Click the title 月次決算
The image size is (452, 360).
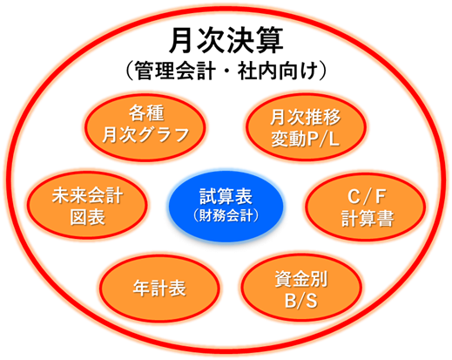click(x=226, y=40)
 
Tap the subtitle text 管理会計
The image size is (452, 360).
click(x=175, y=71)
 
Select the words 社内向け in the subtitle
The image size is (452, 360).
click(x=277, y=71)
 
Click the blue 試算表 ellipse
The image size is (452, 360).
click(x=226, y=206)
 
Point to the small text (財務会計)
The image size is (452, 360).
click(x=226, y=215)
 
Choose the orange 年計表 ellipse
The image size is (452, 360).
click(x=159, y=289)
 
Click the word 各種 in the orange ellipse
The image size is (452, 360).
click(x=146, y=113)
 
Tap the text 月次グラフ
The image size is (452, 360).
click(x=146, y=135)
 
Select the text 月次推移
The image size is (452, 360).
click(x=306, y=117)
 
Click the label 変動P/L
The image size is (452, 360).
click(x=306, y=139)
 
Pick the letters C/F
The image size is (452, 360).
click(x=367, y=196)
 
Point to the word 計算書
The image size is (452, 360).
click(x=368, y=218)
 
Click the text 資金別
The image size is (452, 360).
click(x=301, y=279)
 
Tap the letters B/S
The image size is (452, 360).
click(x=301, y=300)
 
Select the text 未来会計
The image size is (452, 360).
click(x=87, y=195)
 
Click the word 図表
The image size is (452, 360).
click(x=87, y=217)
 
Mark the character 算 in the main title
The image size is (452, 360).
click(x=269, y=40)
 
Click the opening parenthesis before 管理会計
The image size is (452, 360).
click(x=129, y=71)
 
